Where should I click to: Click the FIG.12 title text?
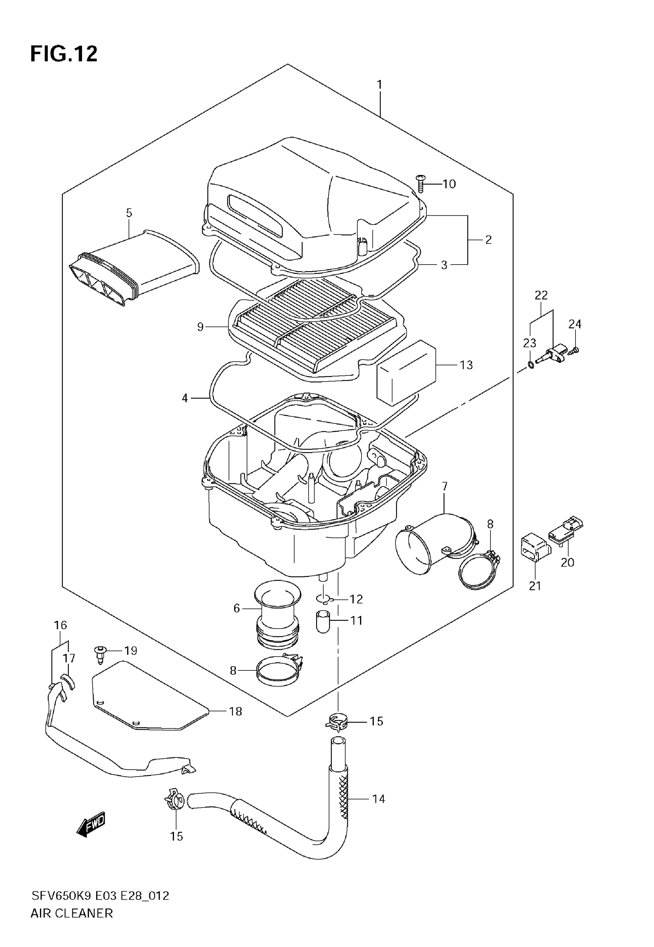click(64, 54)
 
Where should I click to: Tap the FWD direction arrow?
click(91, 823)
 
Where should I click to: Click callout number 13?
click(466, 365)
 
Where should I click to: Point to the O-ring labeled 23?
click(531, 364)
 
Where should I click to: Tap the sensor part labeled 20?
click(566, 532)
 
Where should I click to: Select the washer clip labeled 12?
click(323, 600)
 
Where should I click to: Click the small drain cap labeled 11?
click(323, 622)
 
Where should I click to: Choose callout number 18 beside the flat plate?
click(235, 712)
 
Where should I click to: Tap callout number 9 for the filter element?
click(200, 327)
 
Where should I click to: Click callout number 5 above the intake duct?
click(129, 213)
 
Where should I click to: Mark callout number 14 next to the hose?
click(378, 799)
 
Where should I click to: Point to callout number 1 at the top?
click(379, 85)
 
